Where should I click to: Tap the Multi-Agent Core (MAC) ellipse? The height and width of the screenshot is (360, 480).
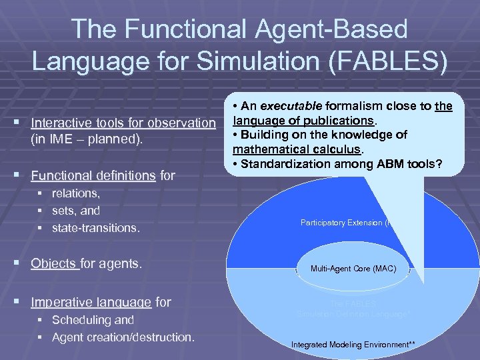pyautogui.click(x=353, y=269)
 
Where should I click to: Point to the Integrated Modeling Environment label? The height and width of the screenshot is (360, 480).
pyautogui.click(x=353, y=344)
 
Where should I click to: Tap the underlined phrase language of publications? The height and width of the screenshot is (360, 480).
pyautogui.click(x=304, y=121)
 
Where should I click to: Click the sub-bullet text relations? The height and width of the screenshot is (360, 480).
pyautogui.click(x=75, y=193)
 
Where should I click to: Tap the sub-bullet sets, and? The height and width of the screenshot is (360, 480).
pyautogui.click(x=75, y=211)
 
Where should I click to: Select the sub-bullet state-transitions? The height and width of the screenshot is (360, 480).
pyautogui.click(x=95, y=228)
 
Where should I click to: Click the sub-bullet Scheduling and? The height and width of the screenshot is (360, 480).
pyautogui.click(x=93, y=319)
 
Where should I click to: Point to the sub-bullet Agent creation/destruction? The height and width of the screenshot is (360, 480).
pyautogui.click(x=123, y=337)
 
